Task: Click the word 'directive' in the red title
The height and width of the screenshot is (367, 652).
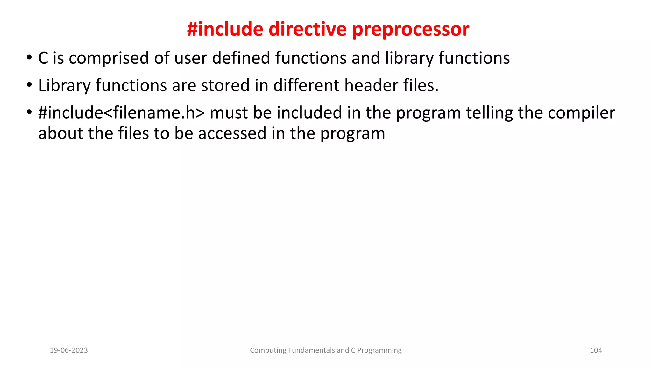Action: (308, 29)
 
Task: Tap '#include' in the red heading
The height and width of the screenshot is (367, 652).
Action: (225, 29)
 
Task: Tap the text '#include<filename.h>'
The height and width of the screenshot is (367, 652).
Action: (121, 113)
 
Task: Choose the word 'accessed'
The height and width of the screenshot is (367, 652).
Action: (232, 133)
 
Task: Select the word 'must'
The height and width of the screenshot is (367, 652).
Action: (229, 113)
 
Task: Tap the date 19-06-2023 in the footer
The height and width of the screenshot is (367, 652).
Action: (69, 350)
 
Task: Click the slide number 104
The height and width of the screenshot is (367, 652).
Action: (596, 350)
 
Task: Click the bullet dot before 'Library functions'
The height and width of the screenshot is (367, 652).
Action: (29, 85)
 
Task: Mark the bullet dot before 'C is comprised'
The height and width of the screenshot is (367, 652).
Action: (29, 58)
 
